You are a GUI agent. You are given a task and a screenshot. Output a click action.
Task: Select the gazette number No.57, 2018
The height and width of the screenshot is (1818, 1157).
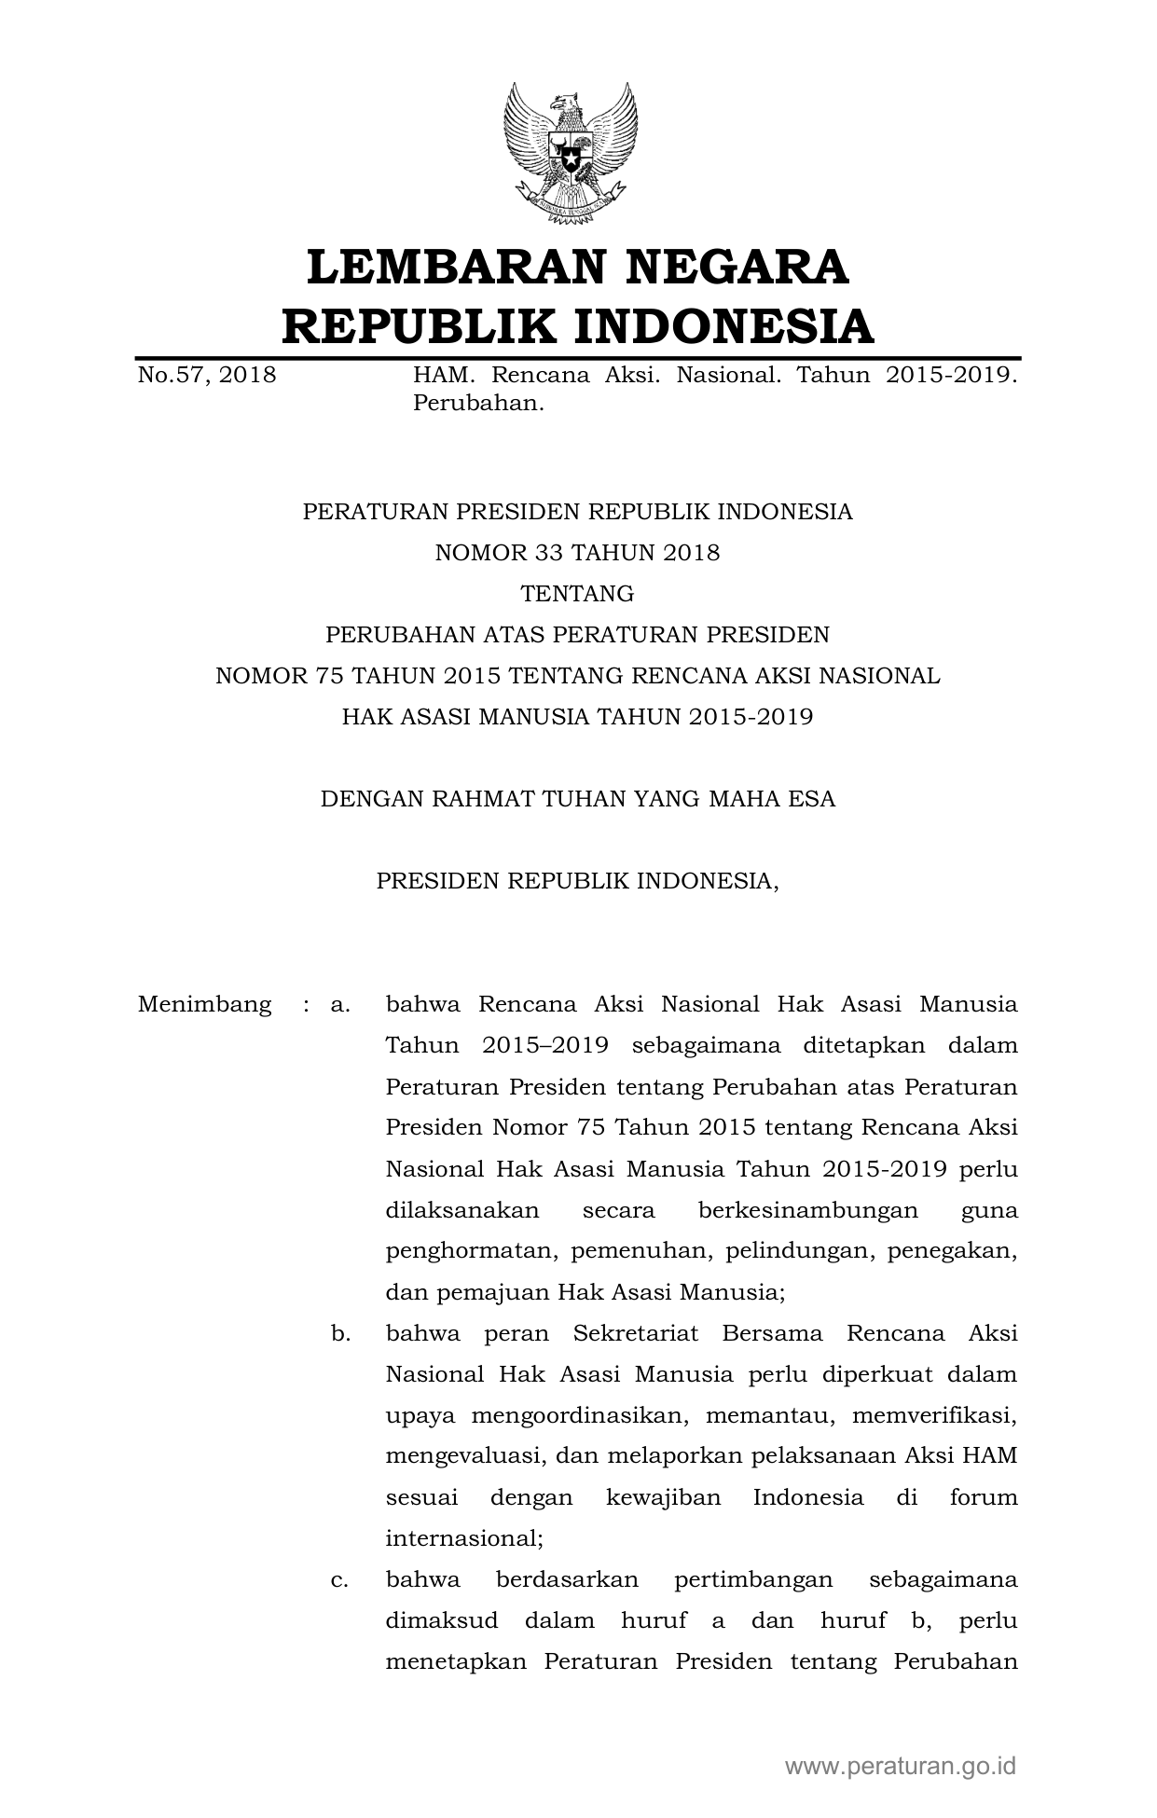coord(207,376)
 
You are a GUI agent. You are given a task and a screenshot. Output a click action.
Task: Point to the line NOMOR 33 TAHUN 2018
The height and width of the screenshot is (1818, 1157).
coord(577,553)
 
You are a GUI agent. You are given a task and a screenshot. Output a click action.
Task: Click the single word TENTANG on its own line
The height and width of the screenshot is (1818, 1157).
coord(577,594)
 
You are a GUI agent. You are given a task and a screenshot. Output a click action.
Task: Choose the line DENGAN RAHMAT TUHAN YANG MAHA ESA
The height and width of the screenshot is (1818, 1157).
coord(577,799)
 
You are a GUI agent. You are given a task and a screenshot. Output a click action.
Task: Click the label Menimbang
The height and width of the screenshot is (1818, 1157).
coord(205,1005)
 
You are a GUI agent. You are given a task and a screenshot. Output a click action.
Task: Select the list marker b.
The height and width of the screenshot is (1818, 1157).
coord(340,1333)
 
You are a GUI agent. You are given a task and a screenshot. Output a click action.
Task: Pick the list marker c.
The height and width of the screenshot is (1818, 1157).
coord(340,1580)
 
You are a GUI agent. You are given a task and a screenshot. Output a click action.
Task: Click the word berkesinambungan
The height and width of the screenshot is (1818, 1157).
coord(807,1211)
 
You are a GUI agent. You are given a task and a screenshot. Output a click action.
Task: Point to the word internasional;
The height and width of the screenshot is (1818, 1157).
coord(464,1539)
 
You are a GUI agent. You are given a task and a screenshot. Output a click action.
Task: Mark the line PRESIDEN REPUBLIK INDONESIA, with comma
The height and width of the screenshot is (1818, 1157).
coord(577,881)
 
